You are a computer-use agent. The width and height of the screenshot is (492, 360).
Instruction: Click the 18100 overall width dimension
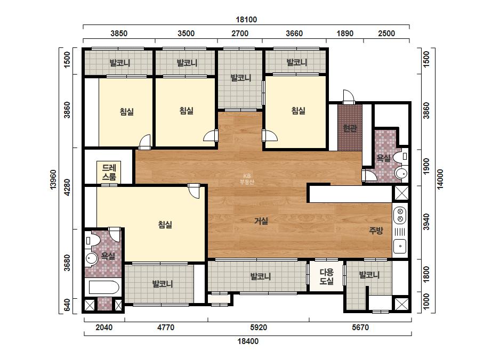pos(246,20)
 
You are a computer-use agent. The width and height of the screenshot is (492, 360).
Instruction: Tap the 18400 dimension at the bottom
pos(248,341)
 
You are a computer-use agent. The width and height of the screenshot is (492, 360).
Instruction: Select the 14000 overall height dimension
pos(440,179)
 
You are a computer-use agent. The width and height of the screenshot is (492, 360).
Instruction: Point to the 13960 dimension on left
pos(53,179)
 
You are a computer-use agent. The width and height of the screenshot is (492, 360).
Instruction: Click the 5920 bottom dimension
pos(259,328)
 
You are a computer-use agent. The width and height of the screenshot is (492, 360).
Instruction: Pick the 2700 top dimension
pos(240,34)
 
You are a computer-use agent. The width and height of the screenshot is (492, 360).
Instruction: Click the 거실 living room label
pos(261,221)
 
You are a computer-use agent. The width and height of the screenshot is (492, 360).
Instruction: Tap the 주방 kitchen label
pos(376,231)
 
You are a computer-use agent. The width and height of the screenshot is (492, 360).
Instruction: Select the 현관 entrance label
pos(350,128)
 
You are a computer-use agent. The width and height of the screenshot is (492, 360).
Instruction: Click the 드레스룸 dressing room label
pos(109,172)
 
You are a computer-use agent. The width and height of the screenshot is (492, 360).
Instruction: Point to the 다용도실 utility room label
pos(326,276)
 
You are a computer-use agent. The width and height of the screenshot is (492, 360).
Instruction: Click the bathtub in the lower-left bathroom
pos(104,287)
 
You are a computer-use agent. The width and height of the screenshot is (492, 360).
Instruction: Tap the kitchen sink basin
pos(400,246)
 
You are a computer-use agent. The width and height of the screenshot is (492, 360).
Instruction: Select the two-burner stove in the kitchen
pos(400,215)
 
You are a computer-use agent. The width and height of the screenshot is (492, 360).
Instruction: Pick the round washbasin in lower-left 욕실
pos(91,259)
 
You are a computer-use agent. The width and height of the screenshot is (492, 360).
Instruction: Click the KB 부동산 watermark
pos(247,179)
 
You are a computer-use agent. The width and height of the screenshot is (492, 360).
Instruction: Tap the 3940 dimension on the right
pos(426,222)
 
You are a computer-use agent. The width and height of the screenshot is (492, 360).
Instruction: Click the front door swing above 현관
pos(348,96)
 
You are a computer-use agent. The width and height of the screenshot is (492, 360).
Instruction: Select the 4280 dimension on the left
pos(67,187)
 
